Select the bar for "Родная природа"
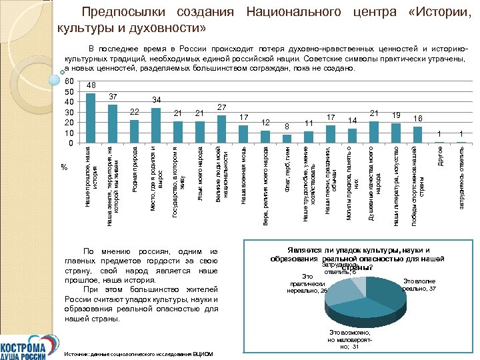(x=134, y=131)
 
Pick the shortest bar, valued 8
(x=287, y=138)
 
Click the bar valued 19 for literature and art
(x=396, y=132)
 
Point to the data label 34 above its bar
(x=156, y=100)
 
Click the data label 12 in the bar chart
(x=265, y=123)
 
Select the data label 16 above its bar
(x=417, y=118)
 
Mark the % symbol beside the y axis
(x=64, y=166)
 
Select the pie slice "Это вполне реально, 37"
(x=394, y=293)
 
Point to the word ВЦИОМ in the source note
(x=201, y=353)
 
